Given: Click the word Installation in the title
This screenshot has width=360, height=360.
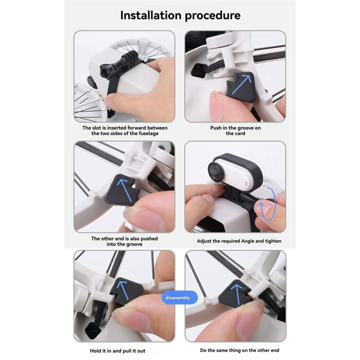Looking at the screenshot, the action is click(x=151, y=15).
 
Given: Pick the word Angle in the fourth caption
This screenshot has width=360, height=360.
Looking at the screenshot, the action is click(x=248, y=241).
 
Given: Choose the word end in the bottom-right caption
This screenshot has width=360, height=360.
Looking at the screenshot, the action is click(x=275, y=350).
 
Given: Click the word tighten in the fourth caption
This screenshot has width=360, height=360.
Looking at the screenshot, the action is click(x=273, y=241).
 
